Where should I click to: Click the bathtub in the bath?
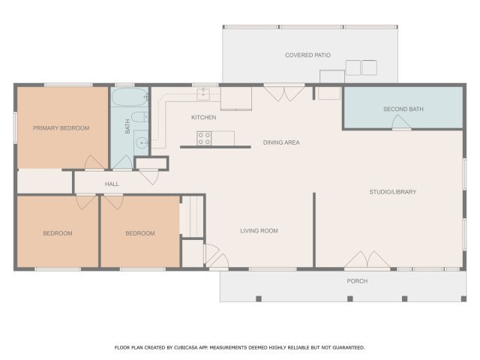click(130, 97)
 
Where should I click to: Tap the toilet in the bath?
click(140, 117)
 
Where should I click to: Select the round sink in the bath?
click(142, 142)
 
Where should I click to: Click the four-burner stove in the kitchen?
click(204, 138)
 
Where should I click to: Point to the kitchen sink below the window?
click(203, 94)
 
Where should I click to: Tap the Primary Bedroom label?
click(61, 128)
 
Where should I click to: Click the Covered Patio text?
click(308, 55)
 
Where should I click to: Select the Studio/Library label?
click(393, 192)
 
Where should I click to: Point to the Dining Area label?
click(281, 142)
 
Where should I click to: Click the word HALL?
click(112, 184)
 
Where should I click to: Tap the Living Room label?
click(259, 231)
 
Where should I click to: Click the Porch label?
click(357, 281)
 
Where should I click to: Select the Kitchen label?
click(204, 117)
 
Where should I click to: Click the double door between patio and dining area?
click(284, 93)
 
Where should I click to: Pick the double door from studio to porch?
click(367, 259)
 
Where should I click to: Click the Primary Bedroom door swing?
click(94, 162)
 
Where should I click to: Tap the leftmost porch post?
click(259, 298)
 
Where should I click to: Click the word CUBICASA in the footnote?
click(186, 348)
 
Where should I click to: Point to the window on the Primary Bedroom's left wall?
click(15, 127)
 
